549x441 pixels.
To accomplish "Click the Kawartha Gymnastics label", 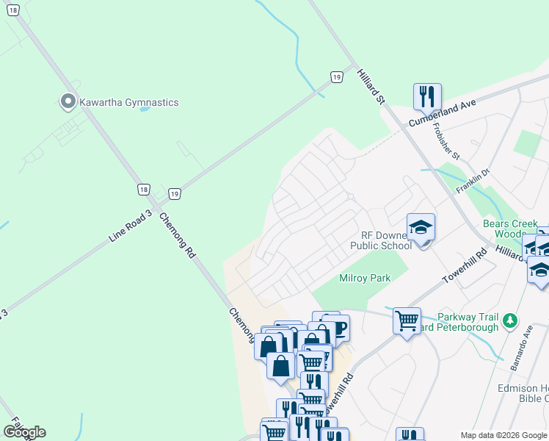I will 129,102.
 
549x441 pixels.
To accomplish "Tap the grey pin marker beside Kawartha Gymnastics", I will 68,101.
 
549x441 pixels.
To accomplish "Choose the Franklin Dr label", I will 473,180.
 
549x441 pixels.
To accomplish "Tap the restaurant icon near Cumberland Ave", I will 426,96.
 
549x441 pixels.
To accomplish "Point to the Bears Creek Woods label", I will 510,229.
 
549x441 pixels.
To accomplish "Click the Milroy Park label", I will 365,279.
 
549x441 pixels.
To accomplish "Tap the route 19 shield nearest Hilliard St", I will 335,77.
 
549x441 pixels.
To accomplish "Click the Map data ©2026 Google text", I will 504,435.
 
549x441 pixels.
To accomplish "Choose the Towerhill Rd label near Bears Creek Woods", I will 465,268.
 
